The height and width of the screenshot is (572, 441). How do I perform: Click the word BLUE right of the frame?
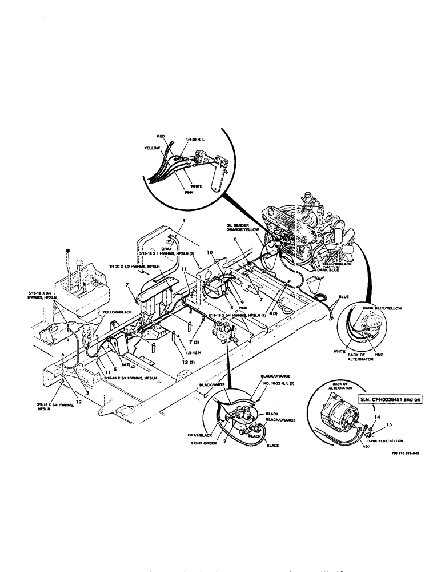coord(343,297)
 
